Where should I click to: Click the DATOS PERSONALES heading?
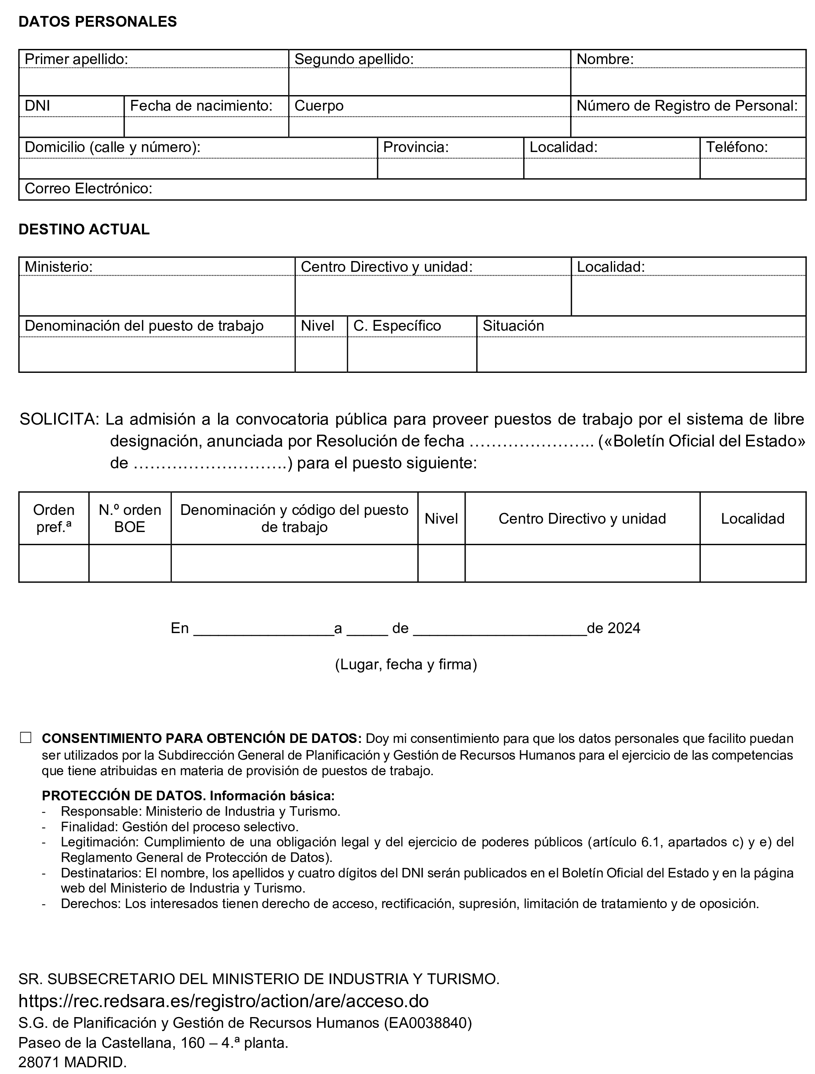(x=97, y=22)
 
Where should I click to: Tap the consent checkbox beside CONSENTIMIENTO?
(x=26, y=738)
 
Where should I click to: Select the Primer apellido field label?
(x=76, y=59)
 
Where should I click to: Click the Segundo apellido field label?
(x=354, y=59)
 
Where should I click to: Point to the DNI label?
(x=37, y=106)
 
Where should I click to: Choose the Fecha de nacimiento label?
(x=201, y=106)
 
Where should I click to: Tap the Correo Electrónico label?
(x=88, y=188)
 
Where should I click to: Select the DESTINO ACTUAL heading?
(x=84, y=229)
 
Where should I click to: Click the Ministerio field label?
(x=59, y=267)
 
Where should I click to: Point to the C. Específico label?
(x=397, y=326)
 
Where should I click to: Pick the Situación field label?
(x=513, y=326)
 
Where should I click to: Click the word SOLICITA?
(x=59, y=419)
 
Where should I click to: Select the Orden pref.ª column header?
(x=54, y=518)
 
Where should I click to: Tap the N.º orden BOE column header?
(x=130, y=518)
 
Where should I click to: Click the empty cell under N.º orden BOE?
(x=130, y=563)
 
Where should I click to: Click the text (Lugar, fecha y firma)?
(x=406, y=664)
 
